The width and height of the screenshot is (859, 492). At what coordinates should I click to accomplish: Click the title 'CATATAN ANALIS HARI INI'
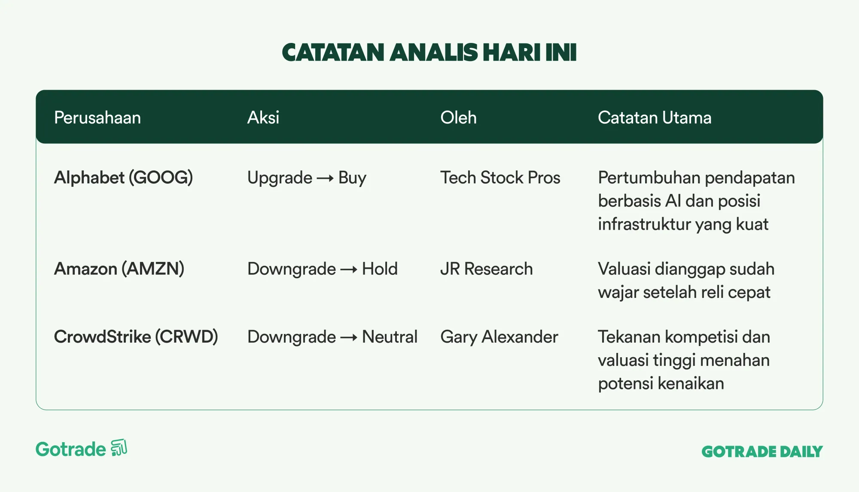pos(429,52)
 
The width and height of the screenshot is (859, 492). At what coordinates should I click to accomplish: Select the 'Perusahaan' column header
pos(97,118)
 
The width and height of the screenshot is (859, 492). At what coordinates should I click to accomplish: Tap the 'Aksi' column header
pos(263,118)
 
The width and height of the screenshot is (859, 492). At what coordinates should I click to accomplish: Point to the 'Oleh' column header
pos(458,118)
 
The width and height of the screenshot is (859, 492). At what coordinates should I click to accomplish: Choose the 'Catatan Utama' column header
pos(655,118)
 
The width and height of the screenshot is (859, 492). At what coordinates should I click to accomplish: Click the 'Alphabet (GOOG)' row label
pos(123,178)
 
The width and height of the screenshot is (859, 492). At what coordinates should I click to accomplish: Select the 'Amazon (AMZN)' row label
pos(119,269)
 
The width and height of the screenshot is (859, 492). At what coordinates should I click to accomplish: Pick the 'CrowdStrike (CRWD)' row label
pos(136,337)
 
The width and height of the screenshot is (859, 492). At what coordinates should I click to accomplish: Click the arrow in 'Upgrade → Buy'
pos(325,179)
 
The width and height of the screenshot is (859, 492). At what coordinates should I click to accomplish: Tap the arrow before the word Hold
pos(349,270)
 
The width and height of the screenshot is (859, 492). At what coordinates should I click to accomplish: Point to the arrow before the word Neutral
pos(349,338)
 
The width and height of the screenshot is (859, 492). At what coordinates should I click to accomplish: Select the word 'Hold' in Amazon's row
pos(380,269)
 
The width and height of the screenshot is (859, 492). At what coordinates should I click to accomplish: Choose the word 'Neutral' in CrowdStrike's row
pos(390,337)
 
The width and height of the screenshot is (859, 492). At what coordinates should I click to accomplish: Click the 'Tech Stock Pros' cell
pos(500,178)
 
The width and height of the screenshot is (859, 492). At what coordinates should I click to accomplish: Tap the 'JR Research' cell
pos(487,269)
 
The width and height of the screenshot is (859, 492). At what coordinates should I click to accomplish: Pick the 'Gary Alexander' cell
pos(499,337)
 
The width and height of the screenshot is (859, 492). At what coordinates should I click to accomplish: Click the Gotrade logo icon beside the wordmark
pos(119,448)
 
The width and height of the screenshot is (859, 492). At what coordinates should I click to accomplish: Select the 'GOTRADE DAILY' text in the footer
pos(762,452)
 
